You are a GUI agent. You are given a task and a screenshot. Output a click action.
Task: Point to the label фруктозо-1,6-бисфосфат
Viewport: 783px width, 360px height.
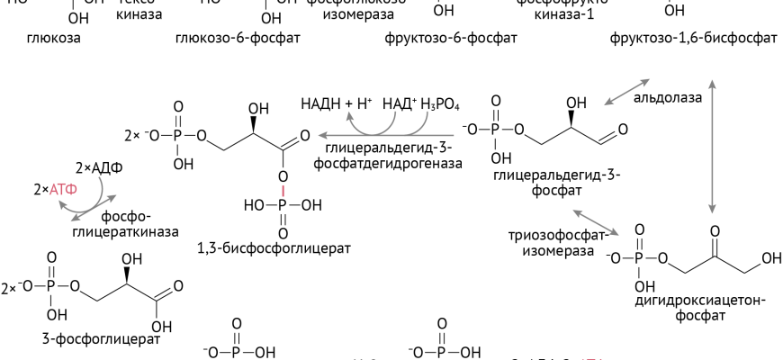(693, 40)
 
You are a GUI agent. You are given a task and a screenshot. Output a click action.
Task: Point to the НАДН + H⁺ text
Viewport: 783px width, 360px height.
(337, 104)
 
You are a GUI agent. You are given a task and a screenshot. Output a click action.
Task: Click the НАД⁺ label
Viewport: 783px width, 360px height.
(400, 104)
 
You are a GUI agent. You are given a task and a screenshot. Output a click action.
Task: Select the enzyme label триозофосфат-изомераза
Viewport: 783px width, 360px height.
(551, 243)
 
